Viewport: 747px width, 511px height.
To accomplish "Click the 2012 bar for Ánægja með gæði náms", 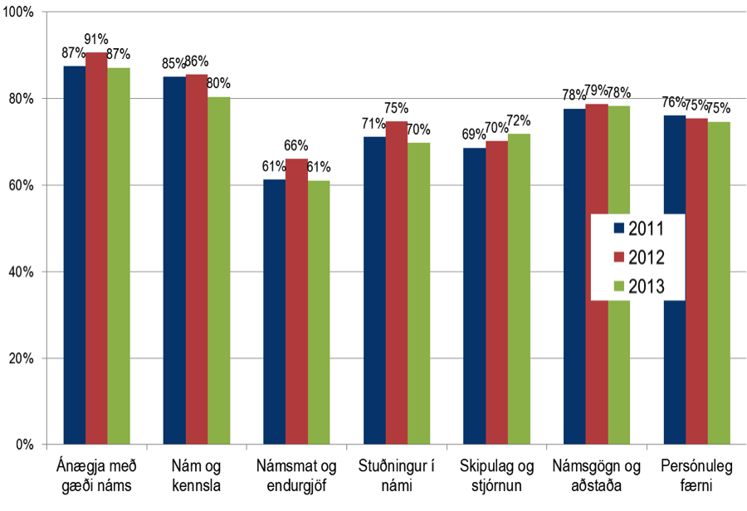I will [x=96, y=249].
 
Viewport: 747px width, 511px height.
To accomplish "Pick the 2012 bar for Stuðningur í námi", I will [x=396, y=283].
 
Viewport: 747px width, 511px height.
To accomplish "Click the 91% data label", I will [x=97, y=38].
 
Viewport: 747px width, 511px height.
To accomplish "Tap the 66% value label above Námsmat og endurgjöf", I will [x=296, y=145].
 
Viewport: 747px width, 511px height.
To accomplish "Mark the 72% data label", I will [x=520, y=120].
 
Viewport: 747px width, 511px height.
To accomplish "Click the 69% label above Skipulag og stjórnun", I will [x=473, y=135].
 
